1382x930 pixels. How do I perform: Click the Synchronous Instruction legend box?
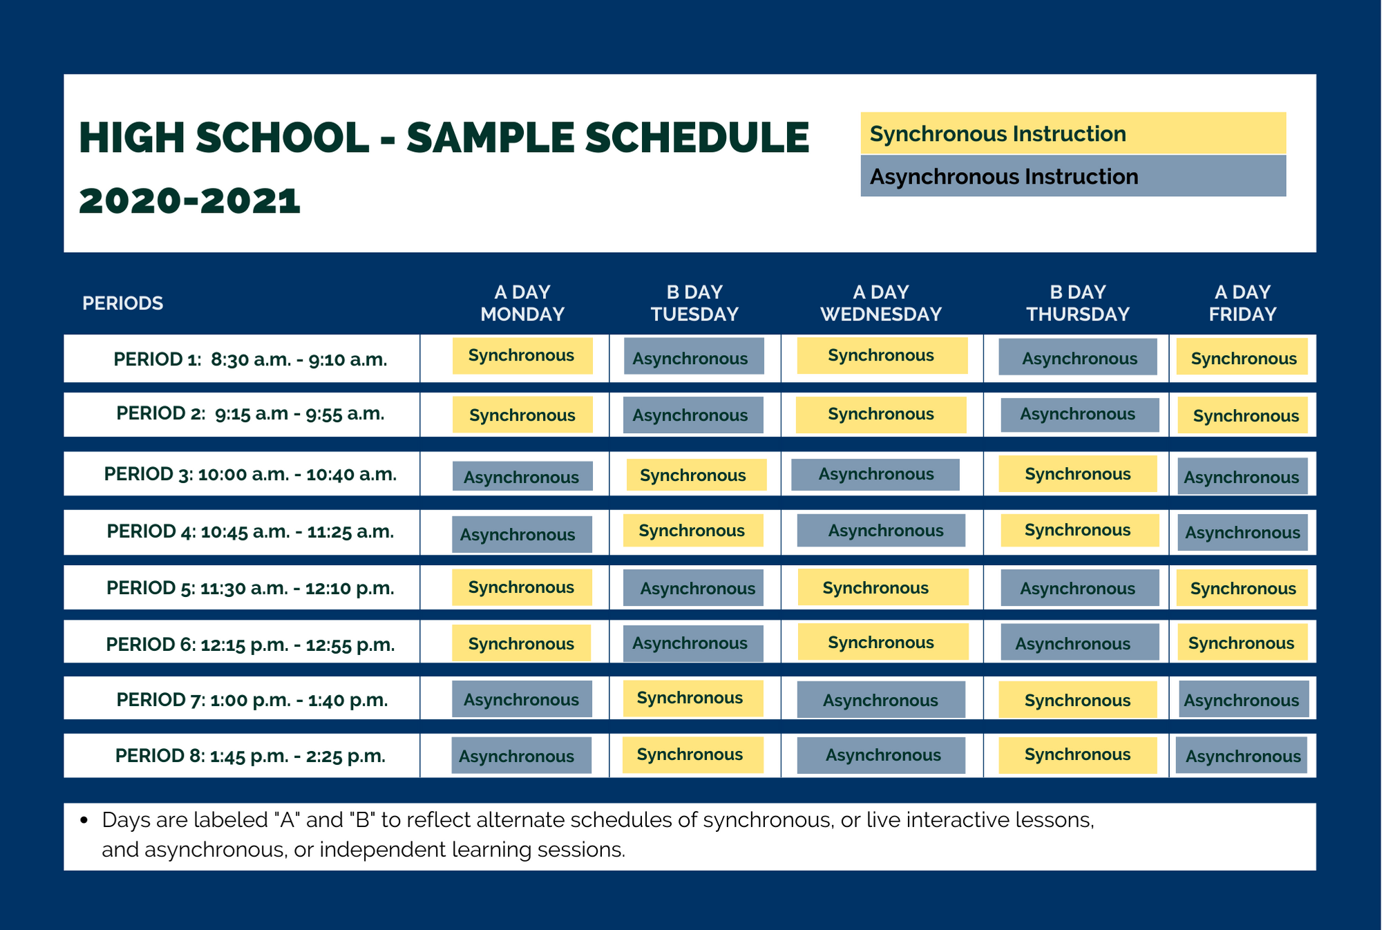tap(1073, 133)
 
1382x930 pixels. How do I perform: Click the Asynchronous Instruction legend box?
tap(1073, 175)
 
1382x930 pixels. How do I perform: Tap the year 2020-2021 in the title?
tap(190, 201)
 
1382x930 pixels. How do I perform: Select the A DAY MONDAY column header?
tap(522, 303)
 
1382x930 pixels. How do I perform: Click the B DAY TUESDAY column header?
tap(694, 303)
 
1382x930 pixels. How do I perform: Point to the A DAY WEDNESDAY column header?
tap(881, 303)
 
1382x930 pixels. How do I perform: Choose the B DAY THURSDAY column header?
tap(1078, 303)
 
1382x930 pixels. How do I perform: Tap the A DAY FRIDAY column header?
tap(1242, 303)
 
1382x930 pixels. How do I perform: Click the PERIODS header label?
tap(123, 303)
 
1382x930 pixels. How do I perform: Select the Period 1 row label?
tap(250, 359)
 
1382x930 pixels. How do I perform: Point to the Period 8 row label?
tap(250, 756)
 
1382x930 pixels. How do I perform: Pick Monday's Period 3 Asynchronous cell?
tap(522, 476)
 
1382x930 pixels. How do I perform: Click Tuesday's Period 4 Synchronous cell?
tap(693, 531)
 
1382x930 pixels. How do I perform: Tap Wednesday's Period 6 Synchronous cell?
tap(883, 642)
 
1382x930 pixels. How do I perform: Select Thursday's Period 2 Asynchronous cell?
tap(1080, 415)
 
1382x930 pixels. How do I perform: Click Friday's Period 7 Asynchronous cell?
tap(1244, 699)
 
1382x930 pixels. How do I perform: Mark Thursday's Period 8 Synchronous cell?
tap(1078, 755)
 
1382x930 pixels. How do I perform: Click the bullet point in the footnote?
tap(84, 821)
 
